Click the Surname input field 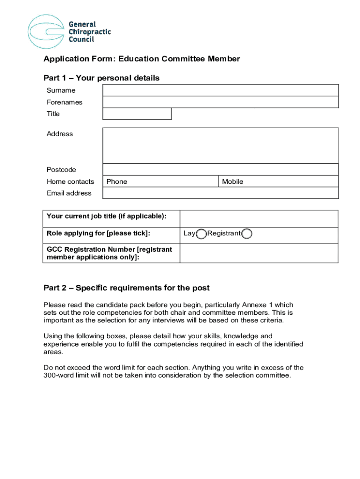(220, 90)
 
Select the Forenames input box (220, 102)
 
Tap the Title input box (137, 114)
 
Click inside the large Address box (220, 145)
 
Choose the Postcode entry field (220, 169)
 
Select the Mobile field (279, 181)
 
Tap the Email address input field (220, 193)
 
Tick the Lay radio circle (202, 234)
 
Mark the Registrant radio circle (247, 234)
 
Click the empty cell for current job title (259, 219)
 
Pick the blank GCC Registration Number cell (259, 253)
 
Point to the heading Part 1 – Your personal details (101, 78)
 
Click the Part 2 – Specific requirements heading (126, 288)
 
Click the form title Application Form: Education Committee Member (142, 59)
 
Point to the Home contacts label (70, 181)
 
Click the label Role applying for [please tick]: (98, 233)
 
